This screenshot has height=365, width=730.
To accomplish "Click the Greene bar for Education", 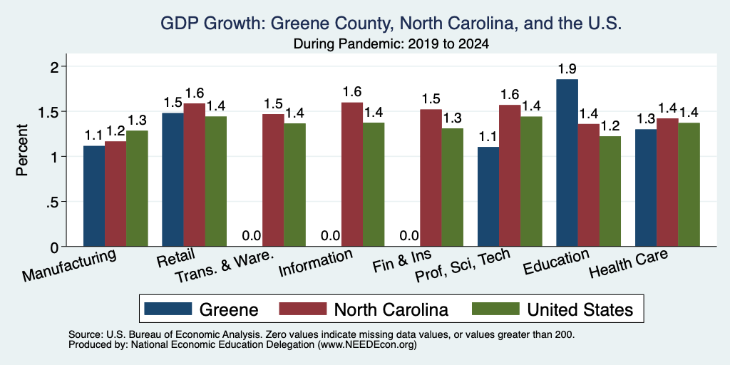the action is pos(567,163).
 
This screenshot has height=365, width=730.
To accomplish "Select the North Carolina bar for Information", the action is pos(352,174).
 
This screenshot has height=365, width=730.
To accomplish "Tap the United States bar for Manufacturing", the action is pos(137,188).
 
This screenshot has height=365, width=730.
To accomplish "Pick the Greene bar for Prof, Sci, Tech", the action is pos(488,197).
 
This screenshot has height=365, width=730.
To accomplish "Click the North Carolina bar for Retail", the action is pos(194,175).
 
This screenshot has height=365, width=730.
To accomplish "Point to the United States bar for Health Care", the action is pos(689,185).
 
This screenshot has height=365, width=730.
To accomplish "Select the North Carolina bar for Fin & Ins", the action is pos(431,178).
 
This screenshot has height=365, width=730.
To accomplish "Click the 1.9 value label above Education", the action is pos(567,69).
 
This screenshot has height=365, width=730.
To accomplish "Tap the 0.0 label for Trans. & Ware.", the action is pos(252,236).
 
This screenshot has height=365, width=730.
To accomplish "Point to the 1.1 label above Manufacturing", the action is pos(93,135).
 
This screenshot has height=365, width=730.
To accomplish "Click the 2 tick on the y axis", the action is pos(54,66).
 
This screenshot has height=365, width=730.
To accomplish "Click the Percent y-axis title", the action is pos(22,150).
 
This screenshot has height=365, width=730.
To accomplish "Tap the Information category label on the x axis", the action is pos(315,263).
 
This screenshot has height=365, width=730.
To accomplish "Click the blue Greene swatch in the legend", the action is pos(168,308).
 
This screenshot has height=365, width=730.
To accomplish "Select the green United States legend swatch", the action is pos(495,308).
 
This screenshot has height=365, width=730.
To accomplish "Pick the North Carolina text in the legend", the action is pos(391,309).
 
